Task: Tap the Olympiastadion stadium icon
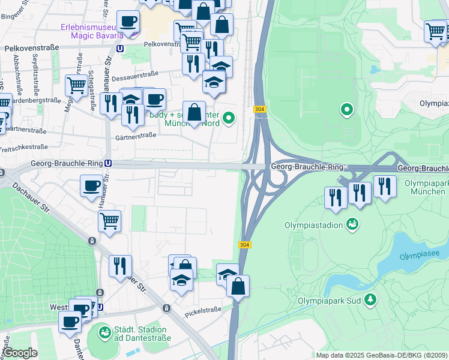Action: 352,224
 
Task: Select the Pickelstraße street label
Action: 203,313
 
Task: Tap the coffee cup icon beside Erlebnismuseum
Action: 128,22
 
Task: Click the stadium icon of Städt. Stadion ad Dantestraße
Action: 104,331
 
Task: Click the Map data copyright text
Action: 381,355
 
